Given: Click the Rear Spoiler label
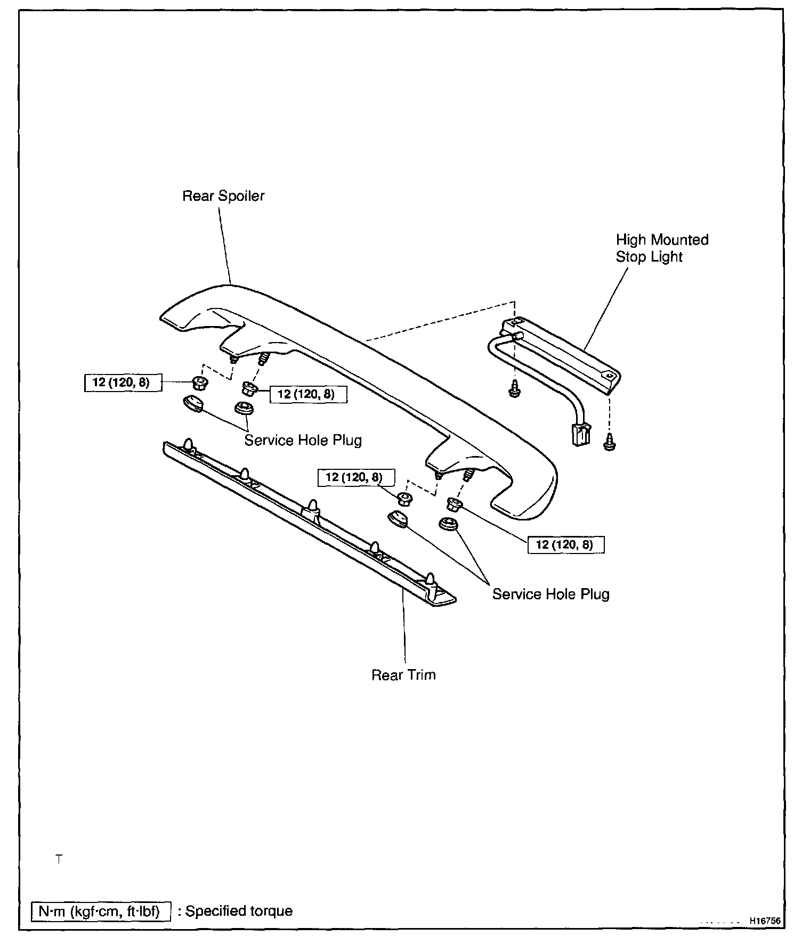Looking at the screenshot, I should pyautogui.click(x=223, y=196).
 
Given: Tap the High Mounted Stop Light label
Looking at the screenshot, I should pyautogui.click(x=662, y=248).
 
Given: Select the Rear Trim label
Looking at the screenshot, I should pyautogui.click(x=403, y=675).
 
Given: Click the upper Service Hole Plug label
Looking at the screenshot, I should pyautogui.click(x=303, y=441).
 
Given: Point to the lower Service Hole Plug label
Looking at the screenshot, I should pyautogui.click(x=550, y=594).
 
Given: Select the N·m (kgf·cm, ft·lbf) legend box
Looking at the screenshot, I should pyautogui.click(x=101, y=910).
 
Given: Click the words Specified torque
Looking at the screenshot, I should pyautogui.click(x=239, y=910).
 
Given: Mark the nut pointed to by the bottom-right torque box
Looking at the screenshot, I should pyautogui.click(x=453, y=503).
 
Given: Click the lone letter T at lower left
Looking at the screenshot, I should pyautogui.click(x=59, y=859).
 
